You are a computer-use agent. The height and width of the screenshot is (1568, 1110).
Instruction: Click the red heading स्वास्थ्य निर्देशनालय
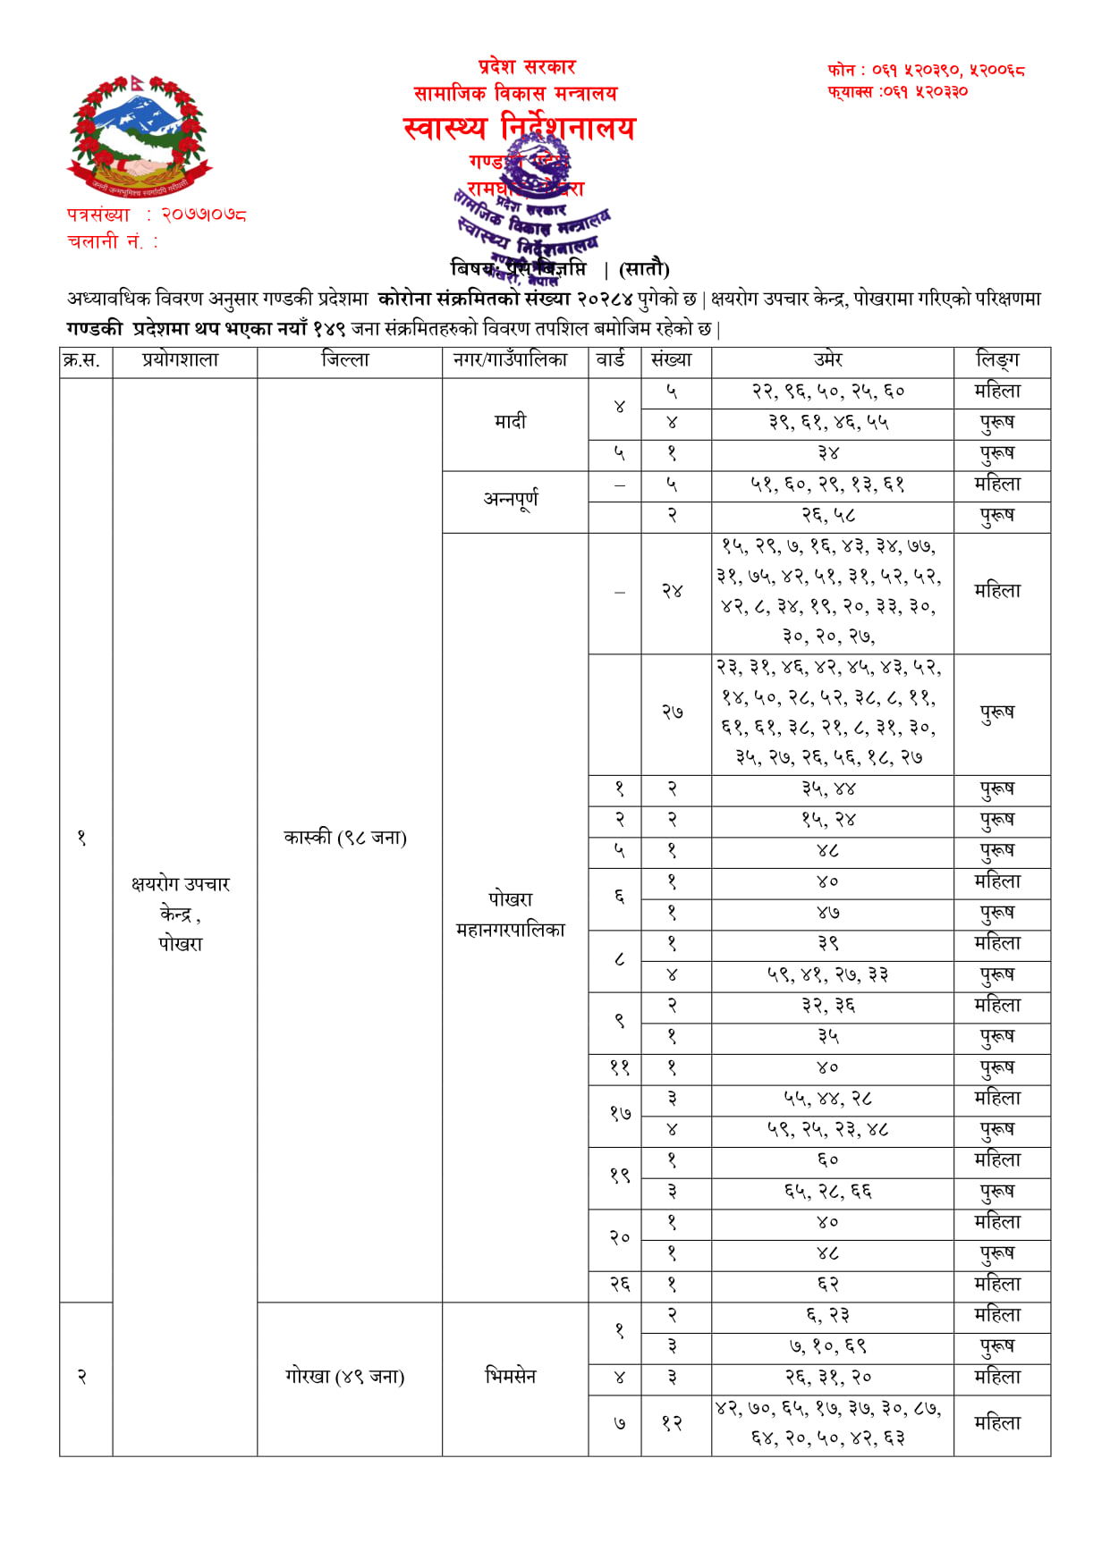[x=519, y=129]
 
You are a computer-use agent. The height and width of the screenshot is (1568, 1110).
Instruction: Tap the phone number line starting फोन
[x=926, y=70]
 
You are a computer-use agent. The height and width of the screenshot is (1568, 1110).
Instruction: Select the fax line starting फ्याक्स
[x=897, y=91]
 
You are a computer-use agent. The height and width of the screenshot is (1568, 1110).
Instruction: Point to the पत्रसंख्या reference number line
[x=157, y=215]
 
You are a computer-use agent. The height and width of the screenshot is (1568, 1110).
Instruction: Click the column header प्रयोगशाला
[x=180, y=360]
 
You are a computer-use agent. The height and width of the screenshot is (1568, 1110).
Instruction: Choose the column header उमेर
[x=828, y=360]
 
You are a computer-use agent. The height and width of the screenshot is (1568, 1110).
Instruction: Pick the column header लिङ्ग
[x=997, y=360]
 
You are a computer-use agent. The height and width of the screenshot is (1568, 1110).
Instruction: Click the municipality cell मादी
[x=511, y=421]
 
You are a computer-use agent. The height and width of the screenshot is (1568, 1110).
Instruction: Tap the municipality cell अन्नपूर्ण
[x=511, y=499]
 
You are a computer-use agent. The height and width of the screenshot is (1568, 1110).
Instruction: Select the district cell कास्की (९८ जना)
[x=345, y=838]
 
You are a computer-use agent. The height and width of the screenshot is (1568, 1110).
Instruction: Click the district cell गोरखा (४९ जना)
[x=345, y=1377]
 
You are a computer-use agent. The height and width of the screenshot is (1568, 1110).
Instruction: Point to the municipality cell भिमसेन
[x=511, y=1377]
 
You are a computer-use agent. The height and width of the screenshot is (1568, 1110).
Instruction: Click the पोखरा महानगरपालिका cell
[x=511, y=915]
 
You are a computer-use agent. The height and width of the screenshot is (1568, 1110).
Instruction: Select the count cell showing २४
[x=673, y=591]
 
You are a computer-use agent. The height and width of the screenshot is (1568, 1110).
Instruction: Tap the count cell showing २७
[x=673, y=712]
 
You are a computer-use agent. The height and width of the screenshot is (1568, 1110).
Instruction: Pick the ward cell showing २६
[x=620, y=1285]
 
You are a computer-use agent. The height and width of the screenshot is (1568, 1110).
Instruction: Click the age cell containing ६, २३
[x=828, y=1316]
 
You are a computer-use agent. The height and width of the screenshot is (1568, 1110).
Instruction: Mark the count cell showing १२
[x=673, y=1423]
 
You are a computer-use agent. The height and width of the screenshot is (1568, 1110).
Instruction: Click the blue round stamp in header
[x=537, y=170]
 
